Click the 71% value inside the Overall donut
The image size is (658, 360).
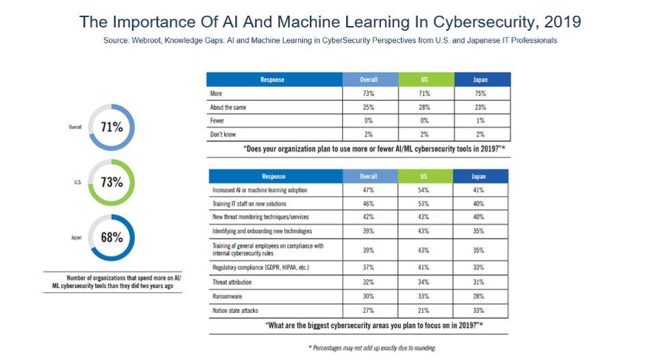(x=112, y=127)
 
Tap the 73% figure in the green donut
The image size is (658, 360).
(x=112, y=182)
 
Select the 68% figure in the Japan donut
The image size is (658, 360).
(x=112, y=238)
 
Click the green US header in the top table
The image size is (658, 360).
(x=424, y=80)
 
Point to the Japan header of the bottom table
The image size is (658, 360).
(x=480, y=176)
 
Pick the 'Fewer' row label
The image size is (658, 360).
(x=217, y=121)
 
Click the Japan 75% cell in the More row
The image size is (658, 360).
(x=480, y=93)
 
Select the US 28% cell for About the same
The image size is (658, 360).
(x=424, y=107)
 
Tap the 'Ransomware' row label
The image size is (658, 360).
(x=228, y=296)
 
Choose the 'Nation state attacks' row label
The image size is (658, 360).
(x=235, y=310)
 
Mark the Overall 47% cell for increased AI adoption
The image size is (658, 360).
(x=369, y=190)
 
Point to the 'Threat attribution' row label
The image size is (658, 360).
(x=232, y=282)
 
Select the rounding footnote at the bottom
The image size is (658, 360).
(x=372, y=348)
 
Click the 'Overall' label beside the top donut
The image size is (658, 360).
(x=75, y=127)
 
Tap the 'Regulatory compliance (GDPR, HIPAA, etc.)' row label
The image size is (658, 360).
(x=260, y=267)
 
